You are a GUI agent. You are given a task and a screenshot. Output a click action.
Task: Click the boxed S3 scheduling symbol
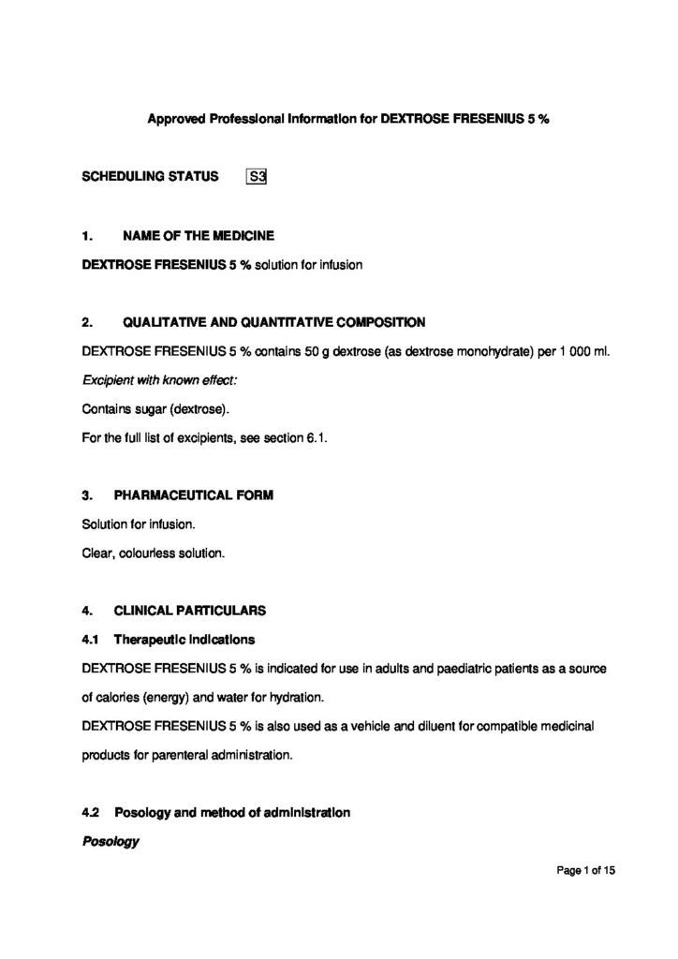(x=257, y=175)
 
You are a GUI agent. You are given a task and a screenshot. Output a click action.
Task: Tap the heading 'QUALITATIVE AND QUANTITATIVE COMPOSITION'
(x=273, y=322)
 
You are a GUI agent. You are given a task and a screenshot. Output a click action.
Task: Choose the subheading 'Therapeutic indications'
(x=184, y=640)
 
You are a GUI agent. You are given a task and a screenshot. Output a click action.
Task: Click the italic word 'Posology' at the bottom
(x=111, y=841)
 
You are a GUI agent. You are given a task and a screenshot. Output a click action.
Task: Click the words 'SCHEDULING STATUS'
(x=150, y=175)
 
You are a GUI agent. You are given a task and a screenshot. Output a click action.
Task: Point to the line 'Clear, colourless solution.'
(x=154, y=553)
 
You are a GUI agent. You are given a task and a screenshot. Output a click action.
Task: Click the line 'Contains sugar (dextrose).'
(x=155, y=409)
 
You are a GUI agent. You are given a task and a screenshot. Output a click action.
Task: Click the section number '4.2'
(x=91, y=812)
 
